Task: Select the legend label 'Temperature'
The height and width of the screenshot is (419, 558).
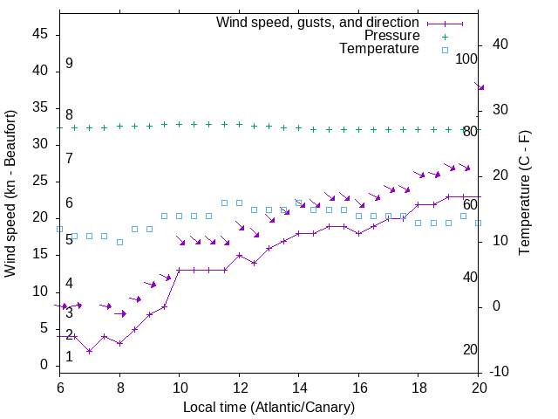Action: coord(379,49)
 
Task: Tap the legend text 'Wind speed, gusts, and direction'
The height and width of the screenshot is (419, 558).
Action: coord(318,22)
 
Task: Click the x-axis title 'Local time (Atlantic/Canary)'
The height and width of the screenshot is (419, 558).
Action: coord(269,407)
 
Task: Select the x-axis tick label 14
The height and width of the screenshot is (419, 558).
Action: coord(298,388)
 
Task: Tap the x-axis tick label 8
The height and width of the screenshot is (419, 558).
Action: coord(119,388)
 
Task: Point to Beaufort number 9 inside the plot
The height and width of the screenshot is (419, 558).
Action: coord(69,64)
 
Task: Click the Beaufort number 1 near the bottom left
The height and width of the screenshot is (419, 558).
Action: coord(69,357)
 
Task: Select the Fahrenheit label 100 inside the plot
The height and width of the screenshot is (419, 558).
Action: coord(467,58)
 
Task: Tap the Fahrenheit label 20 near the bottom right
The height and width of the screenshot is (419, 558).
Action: coord(470,350)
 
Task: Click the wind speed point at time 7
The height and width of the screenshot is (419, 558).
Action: coord(90,351)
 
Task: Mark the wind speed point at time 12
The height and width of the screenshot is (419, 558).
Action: coord(239,255)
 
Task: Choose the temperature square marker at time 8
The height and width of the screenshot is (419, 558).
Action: coord(119,242)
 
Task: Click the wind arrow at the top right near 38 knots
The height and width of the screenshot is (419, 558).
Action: coord(480,86)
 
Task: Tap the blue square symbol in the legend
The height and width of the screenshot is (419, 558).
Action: coord(445,50)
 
